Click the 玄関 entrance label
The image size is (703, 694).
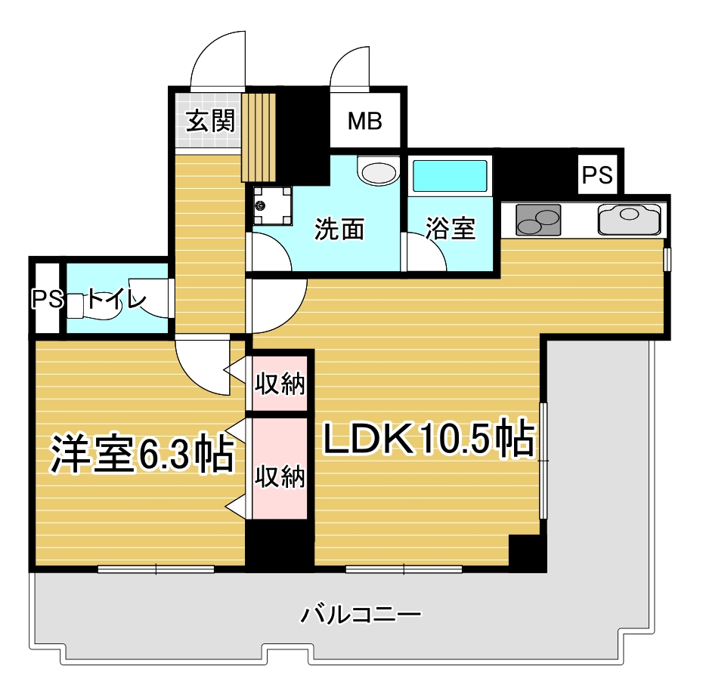tap(210, 121)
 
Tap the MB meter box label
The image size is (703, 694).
tap(365, 121)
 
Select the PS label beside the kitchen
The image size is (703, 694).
tap(597, 174)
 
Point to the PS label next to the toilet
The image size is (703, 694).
tap(47, 299)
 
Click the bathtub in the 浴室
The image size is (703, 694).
tap(450, 176)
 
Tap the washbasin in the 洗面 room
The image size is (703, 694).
tap(379, 170)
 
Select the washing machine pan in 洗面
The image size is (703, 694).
tap(272, 205)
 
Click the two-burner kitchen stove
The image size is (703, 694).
tap(538, 220)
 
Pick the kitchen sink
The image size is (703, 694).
tap(629, 219)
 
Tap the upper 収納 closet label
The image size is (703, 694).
tap(280, 384)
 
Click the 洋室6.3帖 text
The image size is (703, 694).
tap(142, 453)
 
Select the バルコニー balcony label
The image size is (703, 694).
tap(361, 614)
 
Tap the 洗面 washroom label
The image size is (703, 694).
tap(339, 229)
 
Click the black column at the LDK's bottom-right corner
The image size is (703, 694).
tap(528, 554)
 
